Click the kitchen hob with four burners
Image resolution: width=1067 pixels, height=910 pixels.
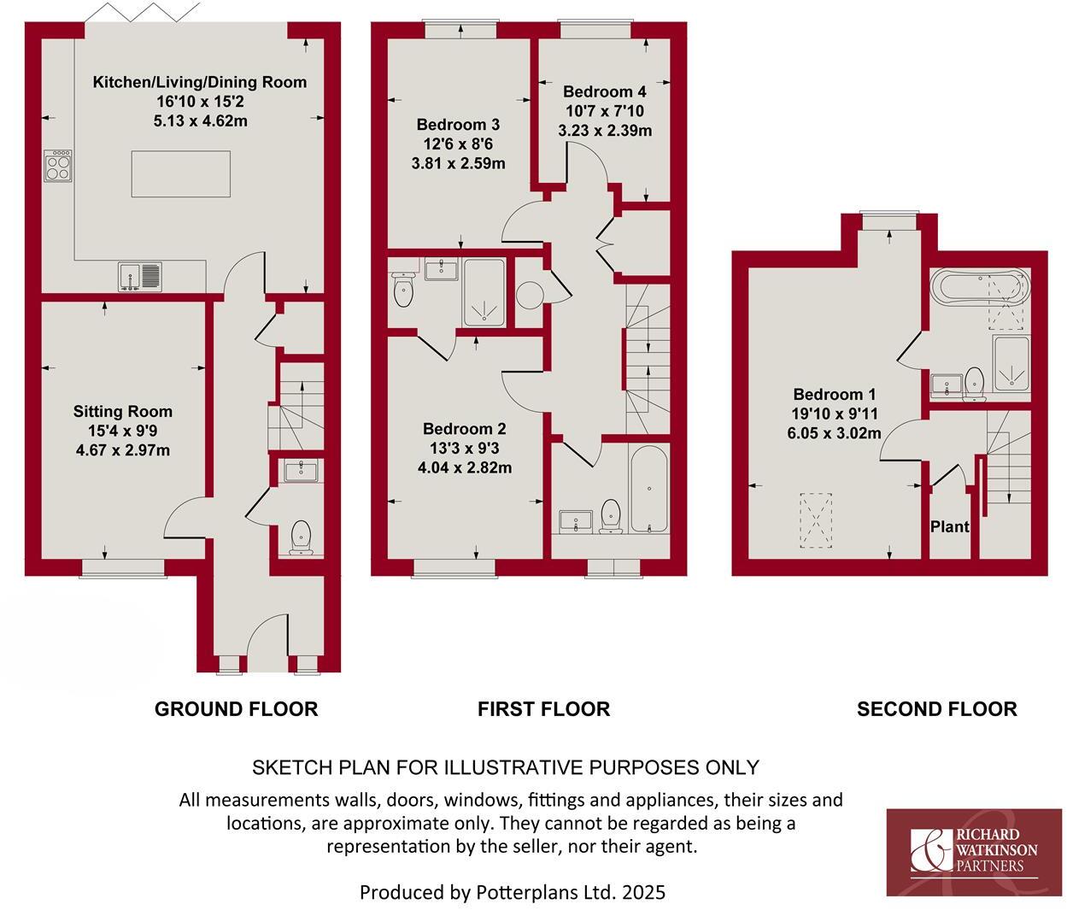58,166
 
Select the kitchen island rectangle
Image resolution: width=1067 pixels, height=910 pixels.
180,173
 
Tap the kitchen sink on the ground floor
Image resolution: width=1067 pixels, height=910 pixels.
140,276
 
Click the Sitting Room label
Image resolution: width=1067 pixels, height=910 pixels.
122,411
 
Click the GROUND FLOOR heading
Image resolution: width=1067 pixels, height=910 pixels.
236,708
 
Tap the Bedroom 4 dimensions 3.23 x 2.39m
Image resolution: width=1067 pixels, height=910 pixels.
605,131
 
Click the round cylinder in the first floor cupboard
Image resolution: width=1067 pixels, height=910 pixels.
530,295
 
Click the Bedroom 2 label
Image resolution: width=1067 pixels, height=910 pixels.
464,429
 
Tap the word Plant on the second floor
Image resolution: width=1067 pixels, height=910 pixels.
949,526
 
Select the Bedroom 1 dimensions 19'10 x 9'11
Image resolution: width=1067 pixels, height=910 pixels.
834,414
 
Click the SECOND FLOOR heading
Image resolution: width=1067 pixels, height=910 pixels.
936,708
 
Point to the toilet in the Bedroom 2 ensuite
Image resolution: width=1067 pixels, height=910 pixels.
404,291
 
